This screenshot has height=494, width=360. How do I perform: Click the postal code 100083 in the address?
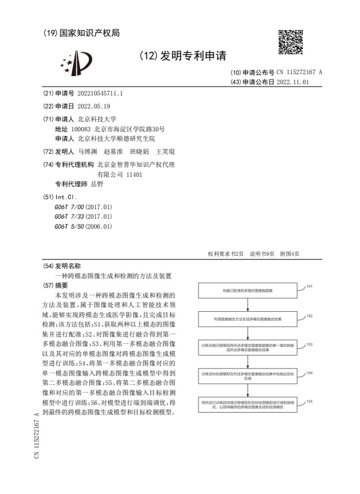click(x=81, y=129)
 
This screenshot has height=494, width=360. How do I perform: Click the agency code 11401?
click(x=133, y=174)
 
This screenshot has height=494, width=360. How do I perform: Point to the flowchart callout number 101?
click(x=309, y=286)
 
